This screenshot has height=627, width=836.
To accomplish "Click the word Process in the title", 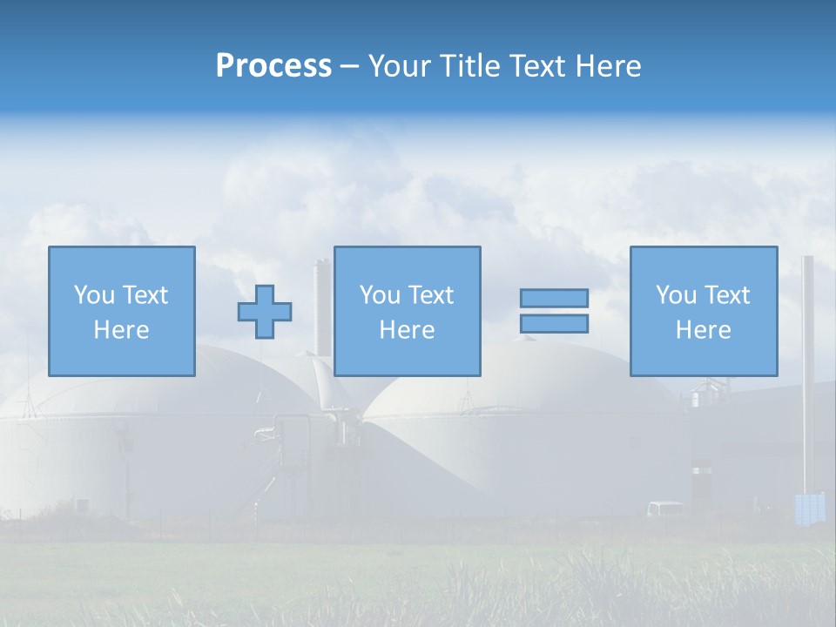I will [x=273, y=66].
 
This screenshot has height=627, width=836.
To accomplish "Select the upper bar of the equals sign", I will [x=554, y=298].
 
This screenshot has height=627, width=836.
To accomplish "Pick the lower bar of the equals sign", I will [x=554, y=324].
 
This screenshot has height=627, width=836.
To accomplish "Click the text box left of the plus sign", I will [x=121, y=311].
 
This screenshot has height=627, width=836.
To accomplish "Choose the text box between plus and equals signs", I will [x=407, y=311].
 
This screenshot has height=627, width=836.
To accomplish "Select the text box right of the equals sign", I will [x=703, y=311].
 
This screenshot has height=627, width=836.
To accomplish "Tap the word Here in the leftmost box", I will [x=121, y=330].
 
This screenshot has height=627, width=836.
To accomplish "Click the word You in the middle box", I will [x=380, y=295].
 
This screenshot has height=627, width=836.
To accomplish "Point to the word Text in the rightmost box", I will [x=725, y=295].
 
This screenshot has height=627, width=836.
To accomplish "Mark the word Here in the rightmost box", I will [x=703, y=330].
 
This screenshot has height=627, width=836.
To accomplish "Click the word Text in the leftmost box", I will [x=144, y=295].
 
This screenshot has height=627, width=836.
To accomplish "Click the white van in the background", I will [x=665, y=509].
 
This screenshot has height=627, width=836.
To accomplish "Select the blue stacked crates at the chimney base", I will [x=810, y=509].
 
